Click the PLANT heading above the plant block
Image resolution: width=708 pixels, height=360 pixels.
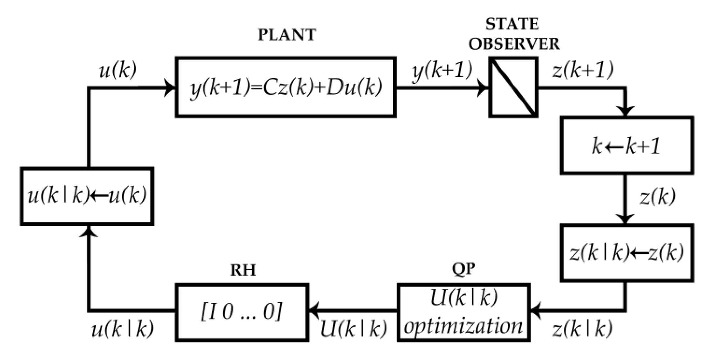(287, 35)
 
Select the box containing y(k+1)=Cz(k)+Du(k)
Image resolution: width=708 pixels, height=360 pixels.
(285, 87)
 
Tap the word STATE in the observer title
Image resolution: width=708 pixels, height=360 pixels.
(512, 24)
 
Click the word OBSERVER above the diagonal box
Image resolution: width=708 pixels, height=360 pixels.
(514, 44)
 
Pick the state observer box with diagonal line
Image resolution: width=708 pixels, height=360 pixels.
(513, 87)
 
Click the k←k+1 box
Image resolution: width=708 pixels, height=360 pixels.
(627, 145)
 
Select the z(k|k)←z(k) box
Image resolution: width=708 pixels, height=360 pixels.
(627, 253)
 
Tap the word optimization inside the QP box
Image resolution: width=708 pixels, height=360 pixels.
(463, 327)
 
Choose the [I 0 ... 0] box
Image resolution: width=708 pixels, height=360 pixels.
(242, 312)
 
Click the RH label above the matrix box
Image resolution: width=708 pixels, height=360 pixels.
(243, 270)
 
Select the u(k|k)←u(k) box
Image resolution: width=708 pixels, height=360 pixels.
(87, 196)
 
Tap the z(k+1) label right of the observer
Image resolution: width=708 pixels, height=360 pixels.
(583, 70)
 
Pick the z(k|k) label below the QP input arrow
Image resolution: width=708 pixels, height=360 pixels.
(582, 329)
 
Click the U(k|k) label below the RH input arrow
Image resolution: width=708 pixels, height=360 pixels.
(353, 329)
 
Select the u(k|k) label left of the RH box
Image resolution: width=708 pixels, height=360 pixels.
(123, 329)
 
